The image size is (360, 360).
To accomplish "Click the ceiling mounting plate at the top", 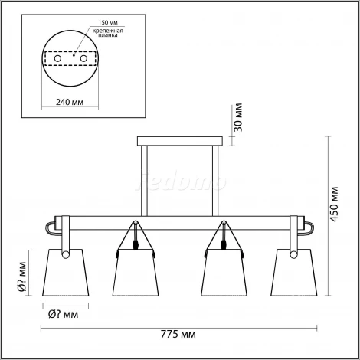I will pos(181,141).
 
